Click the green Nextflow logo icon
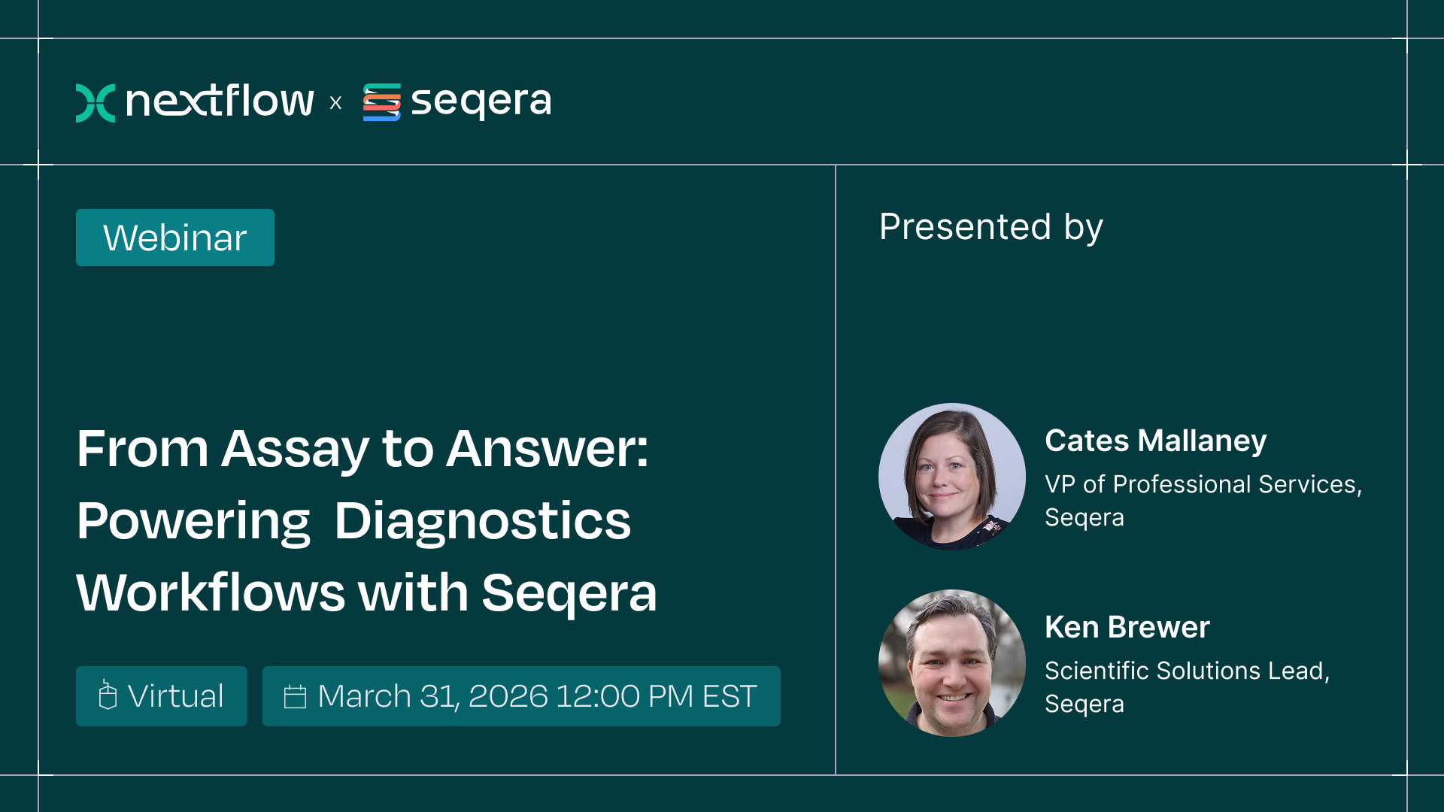96,102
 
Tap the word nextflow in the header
220,101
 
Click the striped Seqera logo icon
382,102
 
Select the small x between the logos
335,103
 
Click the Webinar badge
175,238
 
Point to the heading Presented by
990,227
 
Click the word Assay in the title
295,449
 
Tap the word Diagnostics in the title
482,521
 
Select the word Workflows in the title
211,593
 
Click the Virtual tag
162,696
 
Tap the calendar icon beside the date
295,697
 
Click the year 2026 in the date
508,696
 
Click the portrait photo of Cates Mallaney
952,477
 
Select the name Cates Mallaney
1155,441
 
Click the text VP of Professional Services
1203,484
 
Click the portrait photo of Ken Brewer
952,663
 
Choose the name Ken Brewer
1127,627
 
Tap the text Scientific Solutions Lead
1187,671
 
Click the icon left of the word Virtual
108,695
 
